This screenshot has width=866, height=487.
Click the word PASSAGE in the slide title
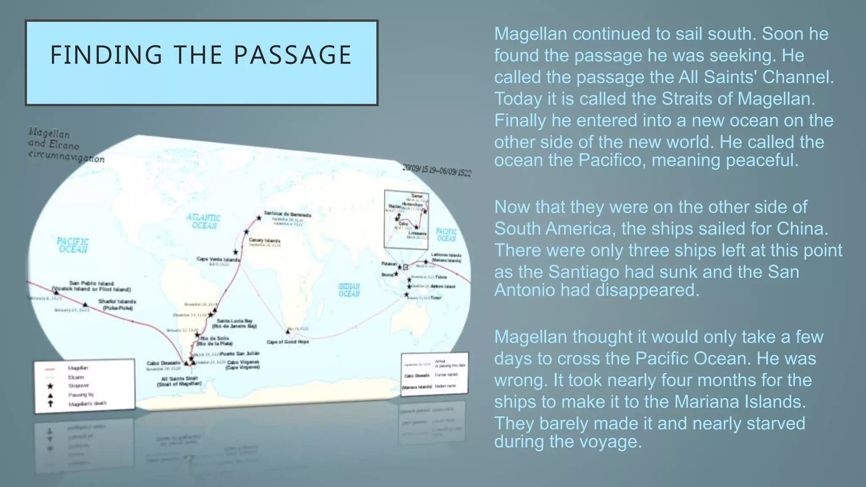point(293,55)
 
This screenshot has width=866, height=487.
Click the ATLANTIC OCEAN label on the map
point(204,222)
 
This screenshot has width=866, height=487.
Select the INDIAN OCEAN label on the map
point(349,290)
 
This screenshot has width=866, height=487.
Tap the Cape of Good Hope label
point(288,342)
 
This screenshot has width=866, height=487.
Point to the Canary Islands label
point(264,240)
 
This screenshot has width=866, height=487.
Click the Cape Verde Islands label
point(218,259)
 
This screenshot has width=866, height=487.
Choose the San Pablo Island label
point(91,283)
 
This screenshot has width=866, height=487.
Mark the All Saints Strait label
point(179,378)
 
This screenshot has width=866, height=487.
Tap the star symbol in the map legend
point(50,386)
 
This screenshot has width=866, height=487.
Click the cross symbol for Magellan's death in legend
point(50,403)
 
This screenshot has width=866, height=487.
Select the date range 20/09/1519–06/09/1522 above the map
point(436,170)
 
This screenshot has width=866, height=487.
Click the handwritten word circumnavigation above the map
point(66,156)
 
